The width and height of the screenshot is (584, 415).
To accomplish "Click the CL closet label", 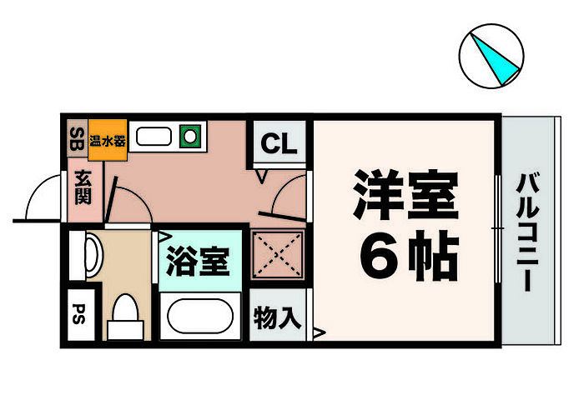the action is (x=279, y=145).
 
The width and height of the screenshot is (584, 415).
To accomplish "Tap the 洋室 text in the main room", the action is (x=406, y=193).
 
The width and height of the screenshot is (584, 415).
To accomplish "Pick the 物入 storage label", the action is (x=278, y=317).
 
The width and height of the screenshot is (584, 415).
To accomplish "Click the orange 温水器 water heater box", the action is (x=108, y=140).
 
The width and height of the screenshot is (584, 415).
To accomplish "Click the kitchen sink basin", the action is (x=154, y=135).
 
